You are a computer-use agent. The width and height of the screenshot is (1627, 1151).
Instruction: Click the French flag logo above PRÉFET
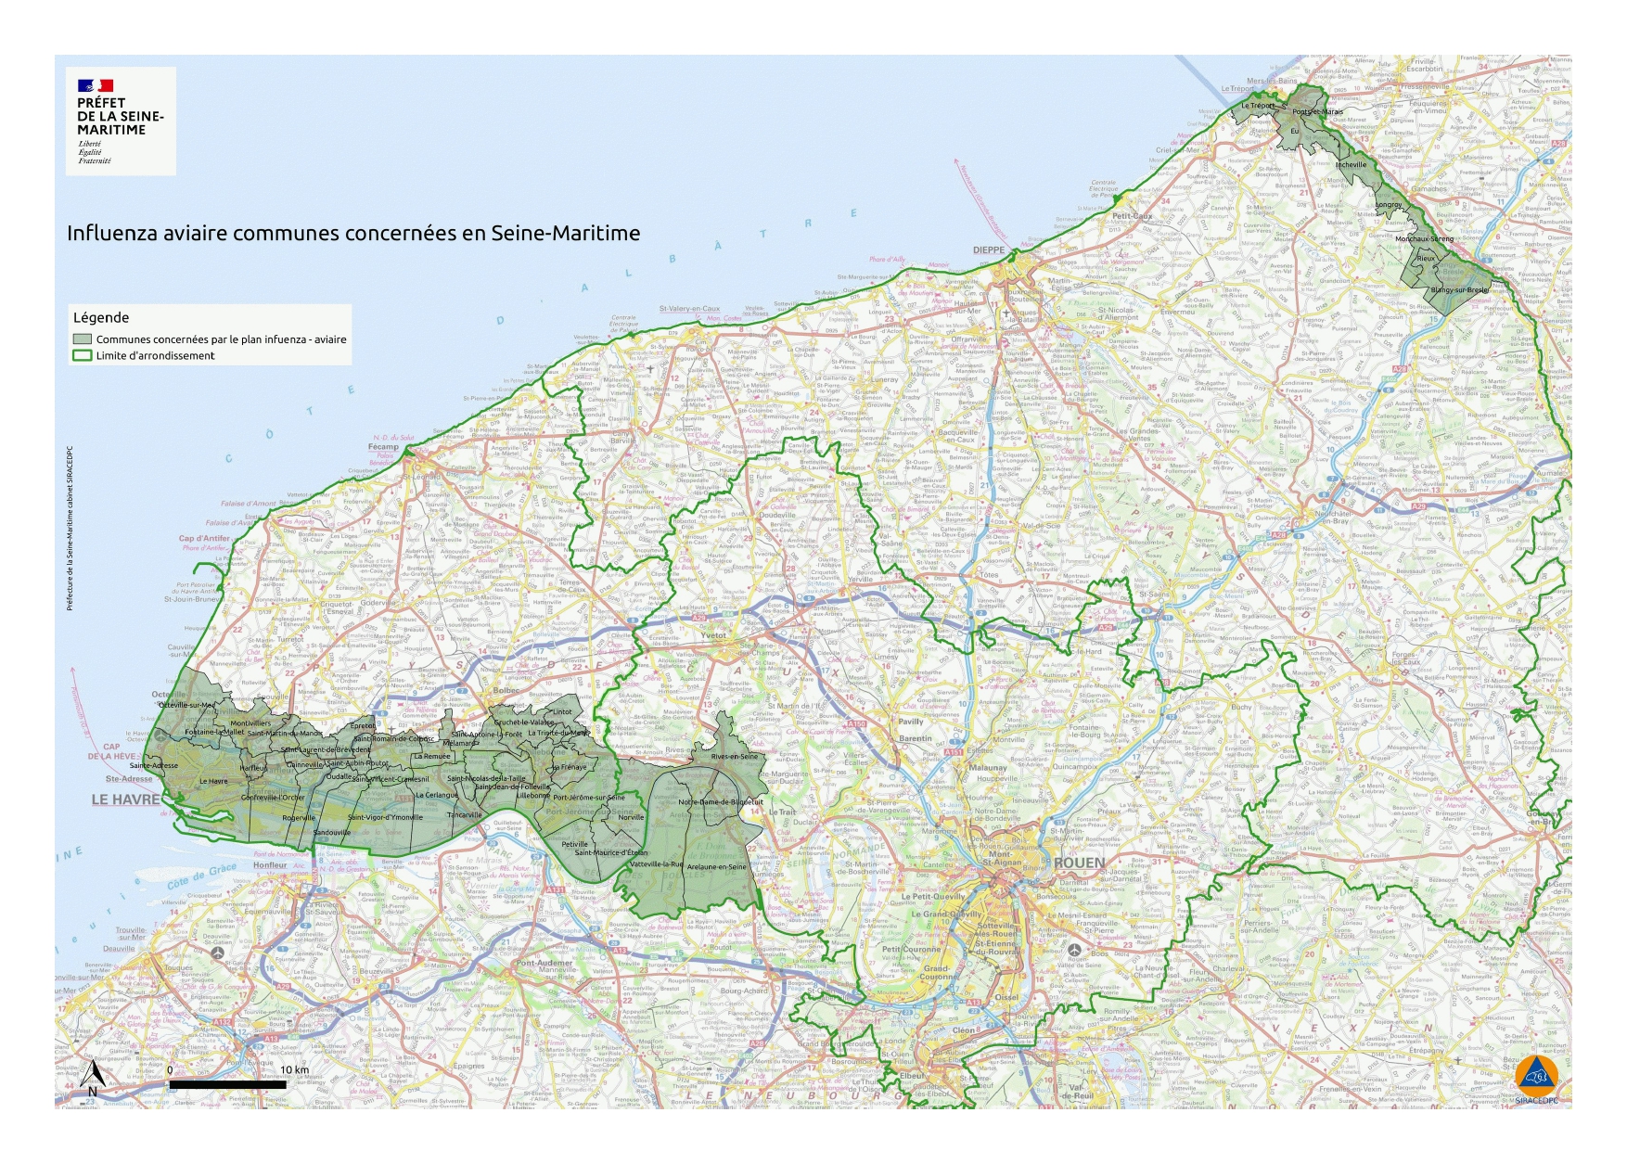click(x=96, y=85)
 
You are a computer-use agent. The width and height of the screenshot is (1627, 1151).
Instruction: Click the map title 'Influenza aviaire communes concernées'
click(x=352, y=233)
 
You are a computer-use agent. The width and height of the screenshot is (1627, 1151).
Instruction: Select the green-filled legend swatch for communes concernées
click(x=83, y=339)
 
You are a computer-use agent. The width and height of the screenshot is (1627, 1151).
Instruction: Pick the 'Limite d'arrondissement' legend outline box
click(x=83, y=355)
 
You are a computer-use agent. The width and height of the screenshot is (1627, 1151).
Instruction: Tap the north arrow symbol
click(x=93, y=1079)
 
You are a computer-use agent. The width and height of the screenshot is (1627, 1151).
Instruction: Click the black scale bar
click(x=227, y=1084)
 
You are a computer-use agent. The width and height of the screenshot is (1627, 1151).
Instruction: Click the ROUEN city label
click(x=1079, y=863)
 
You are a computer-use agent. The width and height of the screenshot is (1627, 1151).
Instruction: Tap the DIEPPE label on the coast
click(x=988, y=250)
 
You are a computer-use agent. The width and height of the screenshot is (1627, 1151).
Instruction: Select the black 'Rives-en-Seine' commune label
click(x=734, y=756)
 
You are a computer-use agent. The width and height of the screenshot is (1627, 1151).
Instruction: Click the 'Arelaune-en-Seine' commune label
click(x=716, y=867)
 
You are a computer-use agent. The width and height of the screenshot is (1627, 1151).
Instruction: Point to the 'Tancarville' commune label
click(x=465, y=815)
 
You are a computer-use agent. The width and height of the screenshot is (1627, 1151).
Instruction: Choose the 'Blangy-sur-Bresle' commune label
click(x=1459, y=290)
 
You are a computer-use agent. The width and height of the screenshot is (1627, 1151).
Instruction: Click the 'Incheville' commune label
click(x=1351, y=165)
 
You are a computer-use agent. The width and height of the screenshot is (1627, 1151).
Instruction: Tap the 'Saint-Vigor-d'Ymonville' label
click(x=385, y=817)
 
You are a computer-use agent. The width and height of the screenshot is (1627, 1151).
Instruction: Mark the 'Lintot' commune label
click(x=562, y=712)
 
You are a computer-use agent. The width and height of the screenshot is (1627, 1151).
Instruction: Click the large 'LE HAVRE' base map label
click(x=125, y=799)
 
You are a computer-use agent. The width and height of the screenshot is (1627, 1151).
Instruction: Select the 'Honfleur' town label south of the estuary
click(x=270, y=865)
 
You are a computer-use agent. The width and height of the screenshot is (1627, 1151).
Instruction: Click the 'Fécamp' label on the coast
click(x=383, y=447)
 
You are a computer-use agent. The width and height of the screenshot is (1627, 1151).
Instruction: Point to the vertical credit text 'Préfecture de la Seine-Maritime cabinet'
click(x=70, y=529)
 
